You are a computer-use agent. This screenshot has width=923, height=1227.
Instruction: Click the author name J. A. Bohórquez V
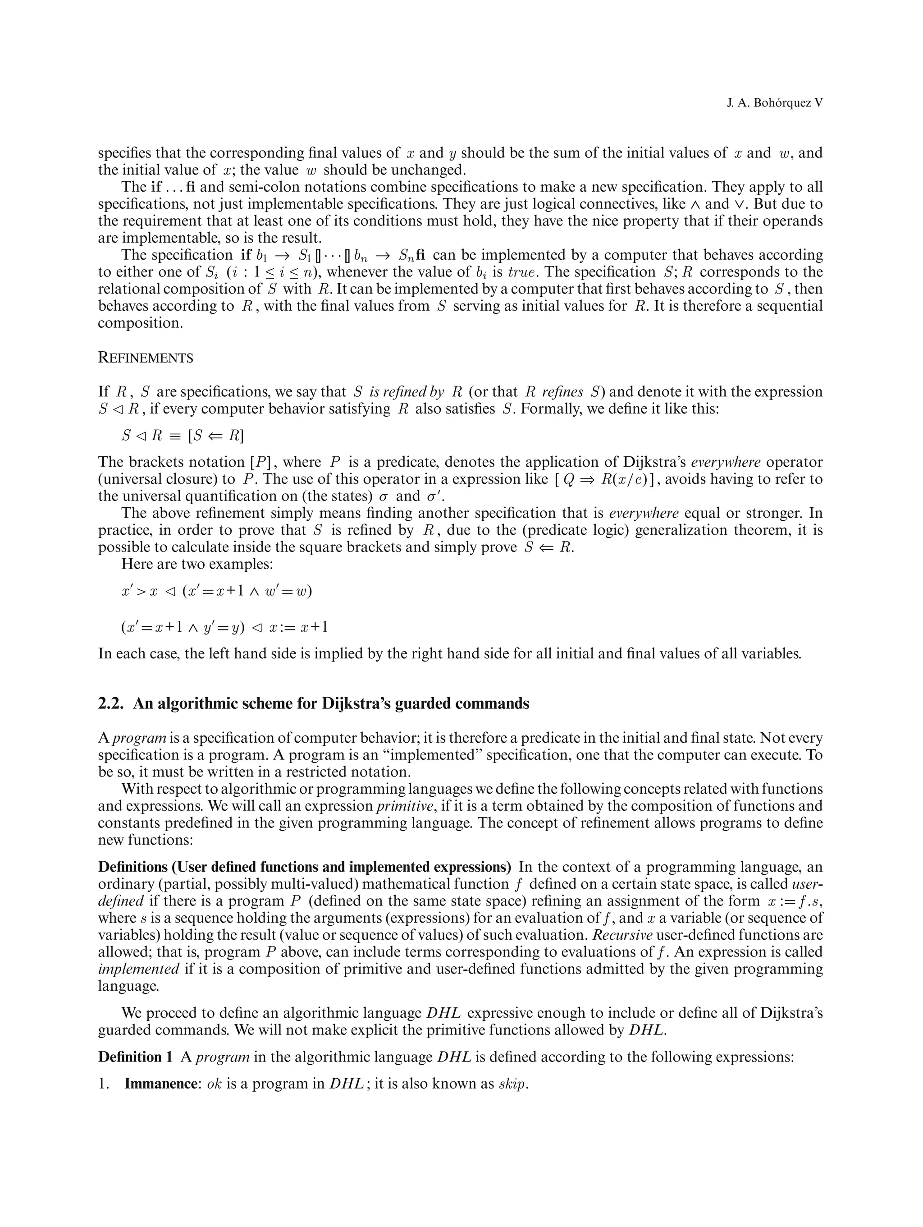click(x=774, y=104)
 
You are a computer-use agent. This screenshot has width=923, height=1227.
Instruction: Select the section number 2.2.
click(x=111, y=703)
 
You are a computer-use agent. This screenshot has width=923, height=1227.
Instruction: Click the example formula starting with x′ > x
click(x=216, y=591)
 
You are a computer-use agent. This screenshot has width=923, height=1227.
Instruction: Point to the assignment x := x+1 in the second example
click(x=298, y=627)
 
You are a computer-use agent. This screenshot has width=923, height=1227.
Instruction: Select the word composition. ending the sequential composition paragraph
click(x=140, y=323)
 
